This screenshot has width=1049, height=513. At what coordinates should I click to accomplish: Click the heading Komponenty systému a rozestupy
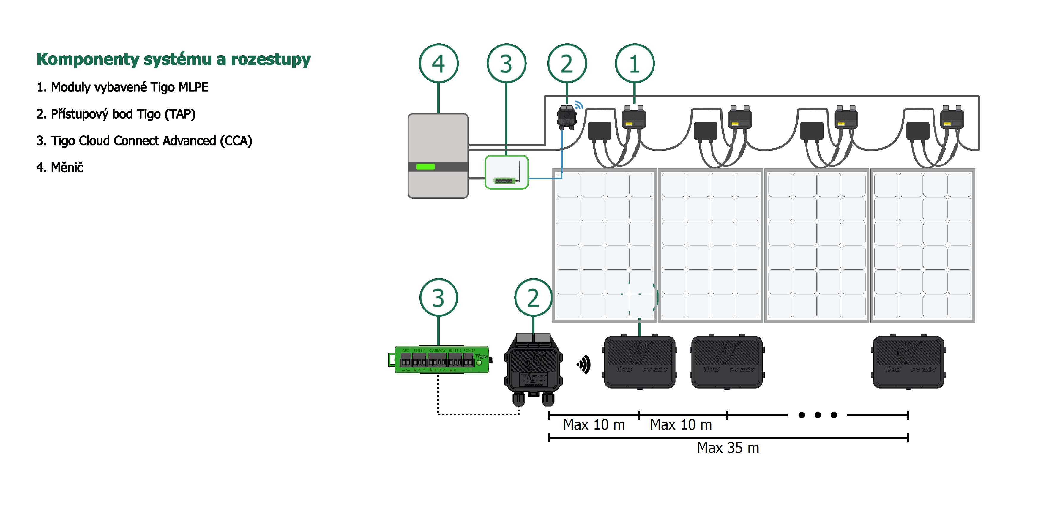click(x=173, y=59)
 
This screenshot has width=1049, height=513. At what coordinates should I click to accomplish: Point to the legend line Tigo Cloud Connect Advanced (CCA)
click(x=144, y=141)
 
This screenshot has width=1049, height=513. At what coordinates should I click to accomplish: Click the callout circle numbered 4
click(x=438, y=64)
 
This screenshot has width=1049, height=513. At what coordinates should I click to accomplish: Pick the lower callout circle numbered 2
click(x=533, y=298)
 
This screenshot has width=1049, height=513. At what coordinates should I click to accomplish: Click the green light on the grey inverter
click(x=425, y=167)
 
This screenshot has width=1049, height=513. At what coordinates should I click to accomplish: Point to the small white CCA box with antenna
click(x=506, y=172)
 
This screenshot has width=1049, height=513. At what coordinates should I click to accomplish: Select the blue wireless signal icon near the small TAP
click(x=579, y=105)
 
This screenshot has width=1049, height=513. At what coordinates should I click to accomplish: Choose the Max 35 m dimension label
click(x=728, y=448)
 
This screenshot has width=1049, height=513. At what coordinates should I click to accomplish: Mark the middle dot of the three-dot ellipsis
click(x=817, y=415)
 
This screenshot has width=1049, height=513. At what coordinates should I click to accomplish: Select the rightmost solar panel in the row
click(x=922, y=245)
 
